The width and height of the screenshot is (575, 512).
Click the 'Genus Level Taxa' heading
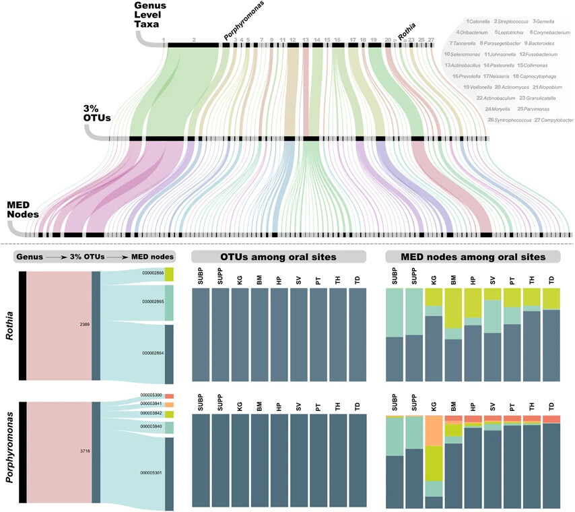(x=150, y=15)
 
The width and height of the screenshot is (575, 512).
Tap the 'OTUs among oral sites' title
(x=278, y=257)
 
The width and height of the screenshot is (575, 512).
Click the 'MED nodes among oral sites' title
(x=473, y=257)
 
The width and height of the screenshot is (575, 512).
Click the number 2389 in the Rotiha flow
(x=84, y=325)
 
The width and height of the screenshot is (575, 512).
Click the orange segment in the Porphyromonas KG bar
(x=434, y=431)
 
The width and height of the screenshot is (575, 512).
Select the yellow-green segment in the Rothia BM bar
(x=453, y=308)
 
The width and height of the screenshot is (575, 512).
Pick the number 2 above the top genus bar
(x=194, y=40)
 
